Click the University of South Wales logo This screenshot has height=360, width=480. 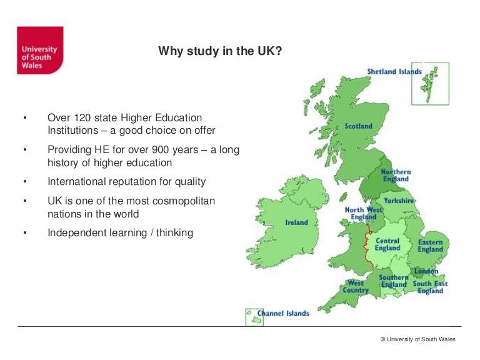tap(40, 50)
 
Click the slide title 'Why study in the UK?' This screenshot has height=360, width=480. tap(219, 51)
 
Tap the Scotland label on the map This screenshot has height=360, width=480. tap(358, 126)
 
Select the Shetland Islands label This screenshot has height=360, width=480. tap(394, 72)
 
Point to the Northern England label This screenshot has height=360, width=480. tap(396, 176)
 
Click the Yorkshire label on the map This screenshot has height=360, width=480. tap(399, 201)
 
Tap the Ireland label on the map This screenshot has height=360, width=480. tap(296, 222)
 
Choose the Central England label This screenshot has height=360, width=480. tap(387, 244)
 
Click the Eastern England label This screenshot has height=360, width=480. tap(430, 246)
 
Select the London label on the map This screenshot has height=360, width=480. tap(426, 271)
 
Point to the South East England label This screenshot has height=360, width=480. tap(430, 287)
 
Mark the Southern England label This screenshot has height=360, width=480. tap(394, 281)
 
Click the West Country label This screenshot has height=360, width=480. tap(356, 286)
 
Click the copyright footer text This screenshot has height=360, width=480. tap(417, 339)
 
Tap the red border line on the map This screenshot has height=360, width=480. tap(364, 244)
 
